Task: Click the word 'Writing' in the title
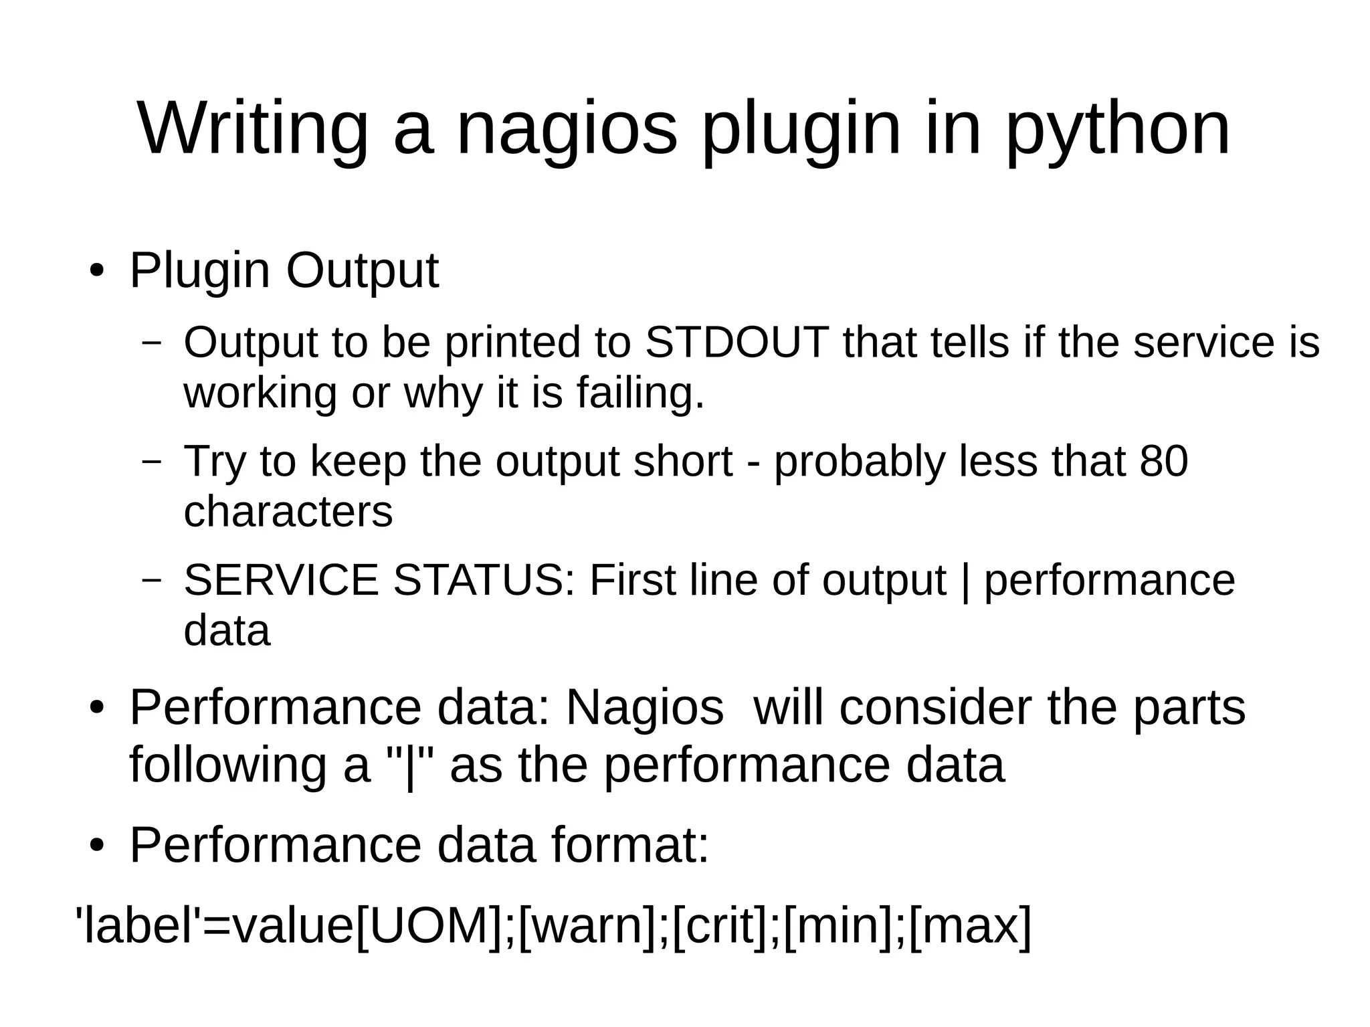[253, 129]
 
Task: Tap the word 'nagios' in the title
[567, 129]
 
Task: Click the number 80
[1163, 461]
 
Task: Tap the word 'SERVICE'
[281, 579]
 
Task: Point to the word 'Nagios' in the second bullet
[644, 707]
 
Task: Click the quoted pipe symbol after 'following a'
[410, 765]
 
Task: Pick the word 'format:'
[630, 845]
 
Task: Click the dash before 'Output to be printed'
[153, 342]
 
